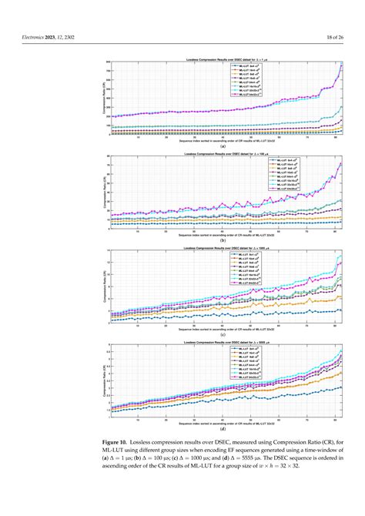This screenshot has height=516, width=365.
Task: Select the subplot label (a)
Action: click(x=223, y=146)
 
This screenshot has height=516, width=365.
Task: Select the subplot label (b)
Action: click(x=223, y=240)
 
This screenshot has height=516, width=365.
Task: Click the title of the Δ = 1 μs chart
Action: click(x=223, y=59)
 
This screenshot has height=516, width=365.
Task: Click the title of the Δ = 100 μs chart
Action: click(x=223, y=154)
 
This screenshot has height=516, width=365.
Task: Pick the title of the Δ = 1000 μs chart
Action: click(x=223, y=248)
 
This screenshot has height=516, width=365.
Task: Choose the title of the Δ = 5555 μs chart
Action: click(x=223, y=341)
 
